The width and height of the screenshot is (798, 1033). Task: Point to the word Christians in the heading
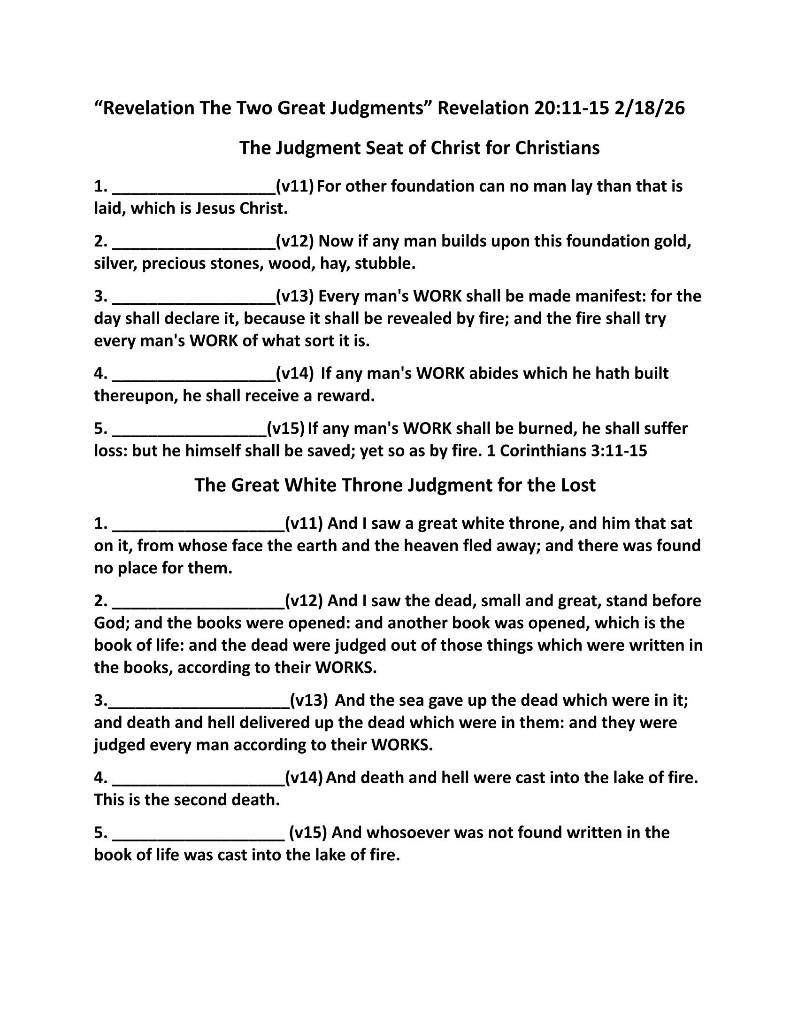[557, 148]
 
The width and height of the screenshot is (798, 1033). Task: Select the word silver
[115, 263]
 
